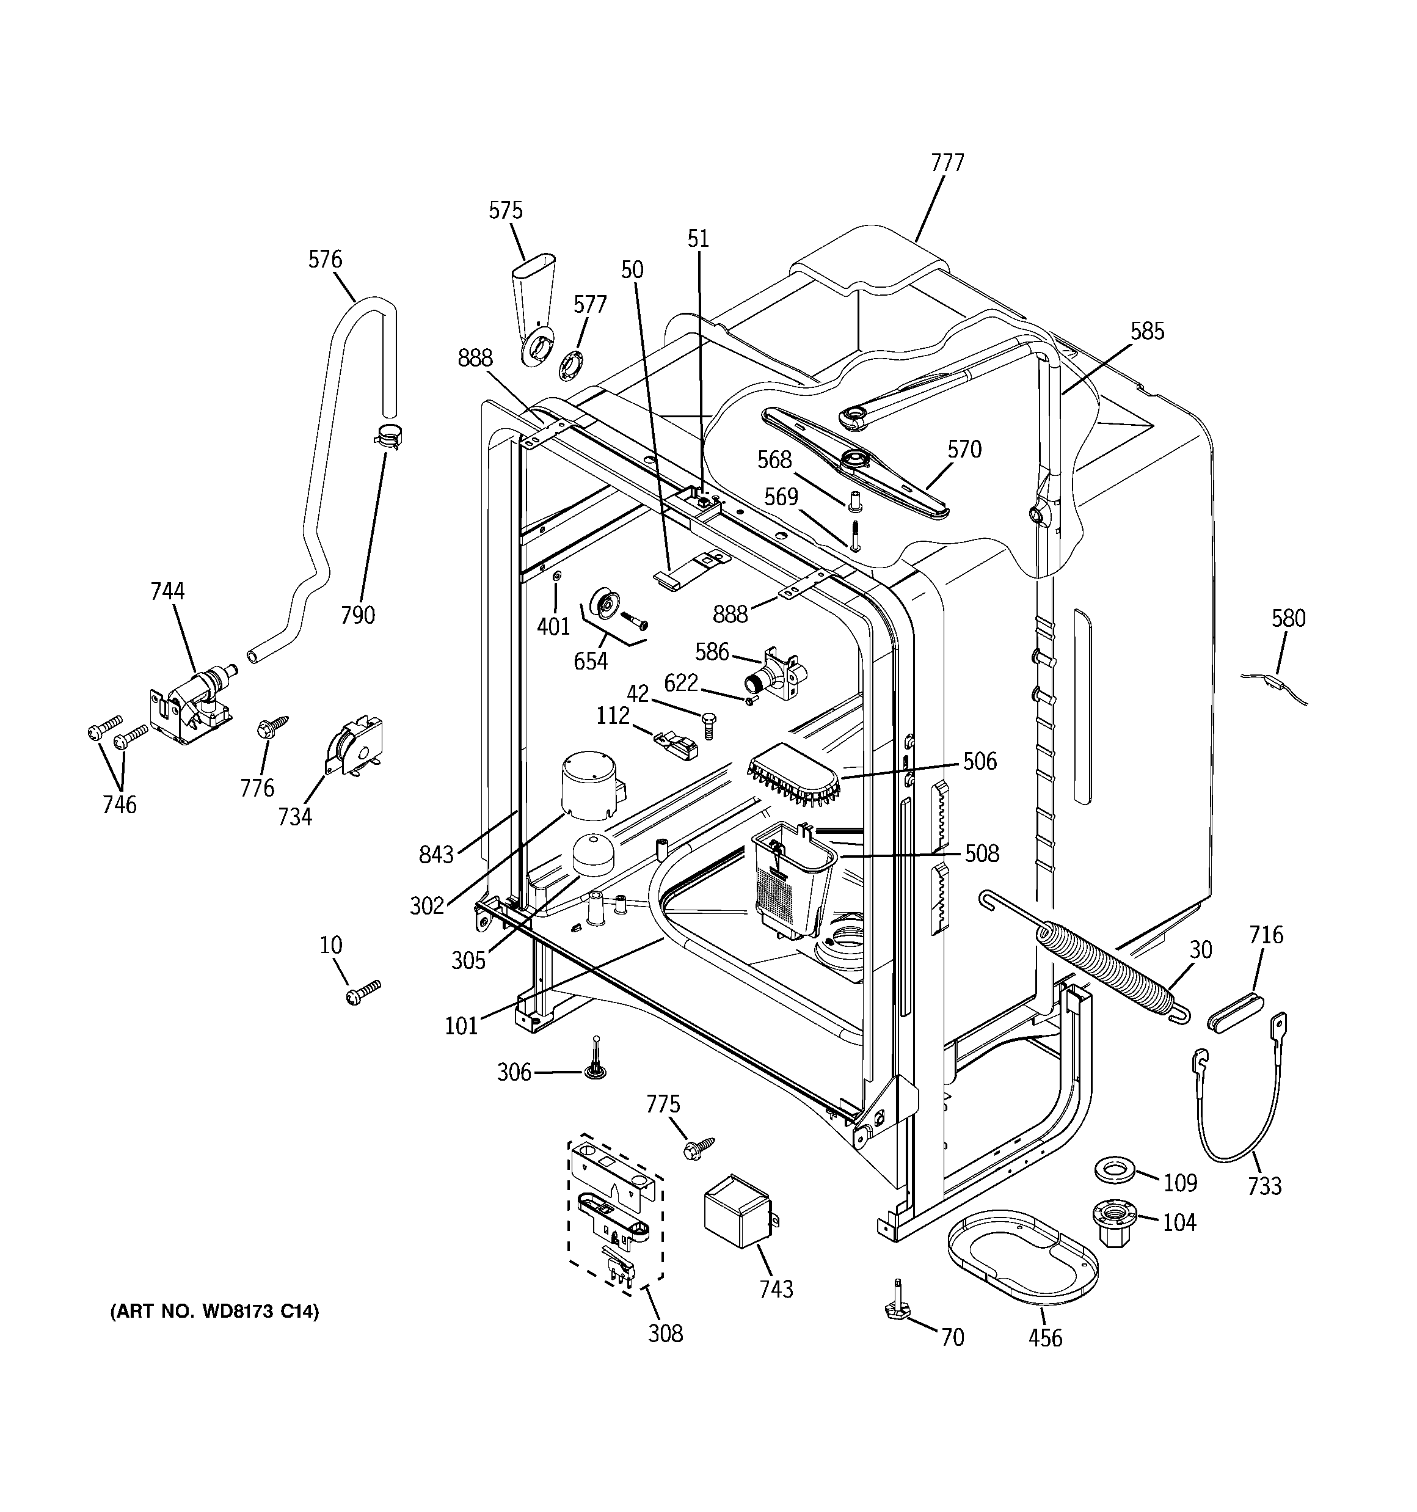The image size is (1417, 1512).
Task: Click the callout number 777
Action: coord(947,163)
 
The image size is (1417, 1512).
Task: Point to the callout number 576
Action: coord(325,260)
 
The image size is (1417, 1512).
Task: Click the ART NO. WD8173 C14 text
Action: coord(215,1311)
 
